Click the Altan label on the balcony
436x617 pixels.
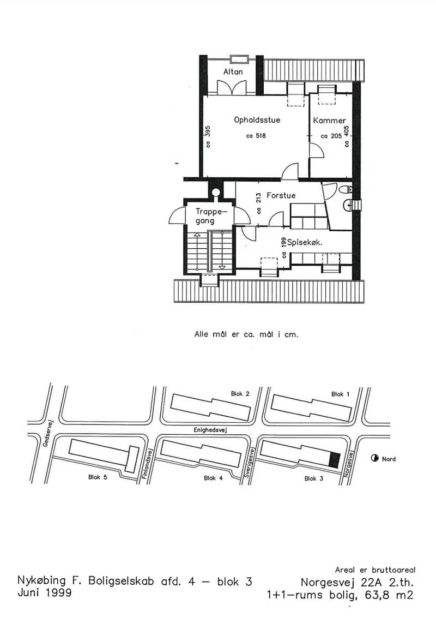[x=233, y=71]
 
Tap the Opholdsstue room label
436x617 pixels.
[x=257, y=120]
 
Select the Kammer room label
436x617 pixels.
[x=330, y=121]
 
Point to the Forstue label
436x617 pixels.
[x=281, y=195]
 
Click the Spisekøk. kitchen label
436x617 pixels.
[x=305, y=242]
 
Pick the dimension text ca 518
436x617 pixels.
[x=256, y=136]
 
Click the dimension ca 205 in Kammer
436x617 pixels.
[x=331, y=136]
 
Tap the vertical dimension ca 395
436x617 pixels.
[x=208, y=136]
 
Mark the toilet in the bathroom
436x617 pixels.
[x=345, y=190]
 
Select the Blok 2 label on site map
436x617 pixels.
[x=240, y=393]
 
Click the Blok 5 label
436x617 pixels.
[x=98, y=477]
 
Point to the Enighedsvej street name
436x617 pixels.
[x=210, y=430]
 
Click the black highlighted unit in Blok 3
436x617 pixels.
[x=334, y=460]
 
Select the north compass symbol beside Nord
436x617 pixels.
[x=374, y=458]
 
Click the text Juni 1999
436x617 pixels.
[x=45, y=592]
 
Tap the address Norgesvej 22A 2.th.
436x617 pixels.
[x=357, y=582]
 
